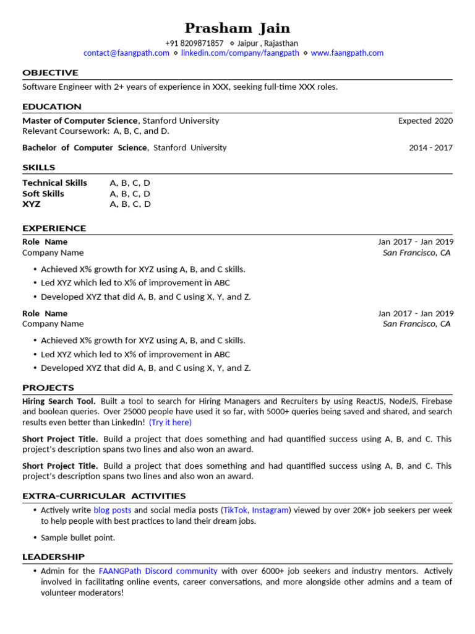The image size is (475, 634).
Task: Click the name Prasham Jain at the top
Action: click(x=237, y=28)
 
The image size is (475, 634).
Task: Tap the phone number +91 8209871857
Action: click(x=194, y=43)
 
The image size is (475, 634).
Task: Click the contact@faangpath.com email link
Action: click(x=126, y=53)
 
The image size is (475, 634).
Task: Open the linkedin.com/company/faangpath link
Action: click(x=240, y=53)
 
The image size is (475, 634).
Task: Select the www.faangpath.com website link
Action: click(x=347, y=53)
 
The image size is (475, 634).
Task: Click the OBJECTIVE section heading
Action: click(x=50, y=73)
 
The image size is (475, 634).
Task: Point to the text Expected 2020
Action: click(x=425, y=121)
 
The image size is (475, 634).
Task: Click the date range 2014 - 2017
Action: click(x=430, y=148)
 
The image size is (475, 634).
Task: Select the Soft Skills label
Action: click(x=43, y=194)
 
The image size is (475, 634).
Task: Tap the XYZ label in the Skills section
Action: click(x=32, y=204)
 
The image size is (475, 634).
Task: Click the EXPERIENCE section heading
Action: click(x=54, y=228)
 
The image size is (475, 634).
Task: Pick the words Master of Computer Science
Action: click(x=80, y=121)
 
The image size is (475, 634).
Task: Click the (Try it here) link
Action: click(x=170, y=422)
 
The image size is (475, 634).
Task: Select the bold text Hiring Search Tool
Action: click(x=59, y=401)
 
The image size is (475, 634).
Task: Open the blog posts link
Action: click(x=113, y=511)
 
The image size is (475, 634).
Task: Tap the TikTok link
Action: click(x=235, y=511)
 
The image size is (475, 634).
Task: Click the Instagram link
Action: click(x=270, y=511)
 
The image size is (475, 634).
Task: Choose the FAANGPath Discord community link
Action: click(x=158, y=571)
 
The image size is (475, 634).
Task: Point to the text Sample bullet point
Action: click(x=78, y=538)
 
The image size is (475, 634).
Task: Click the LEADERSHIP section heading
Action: click(x=53, y=557)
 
